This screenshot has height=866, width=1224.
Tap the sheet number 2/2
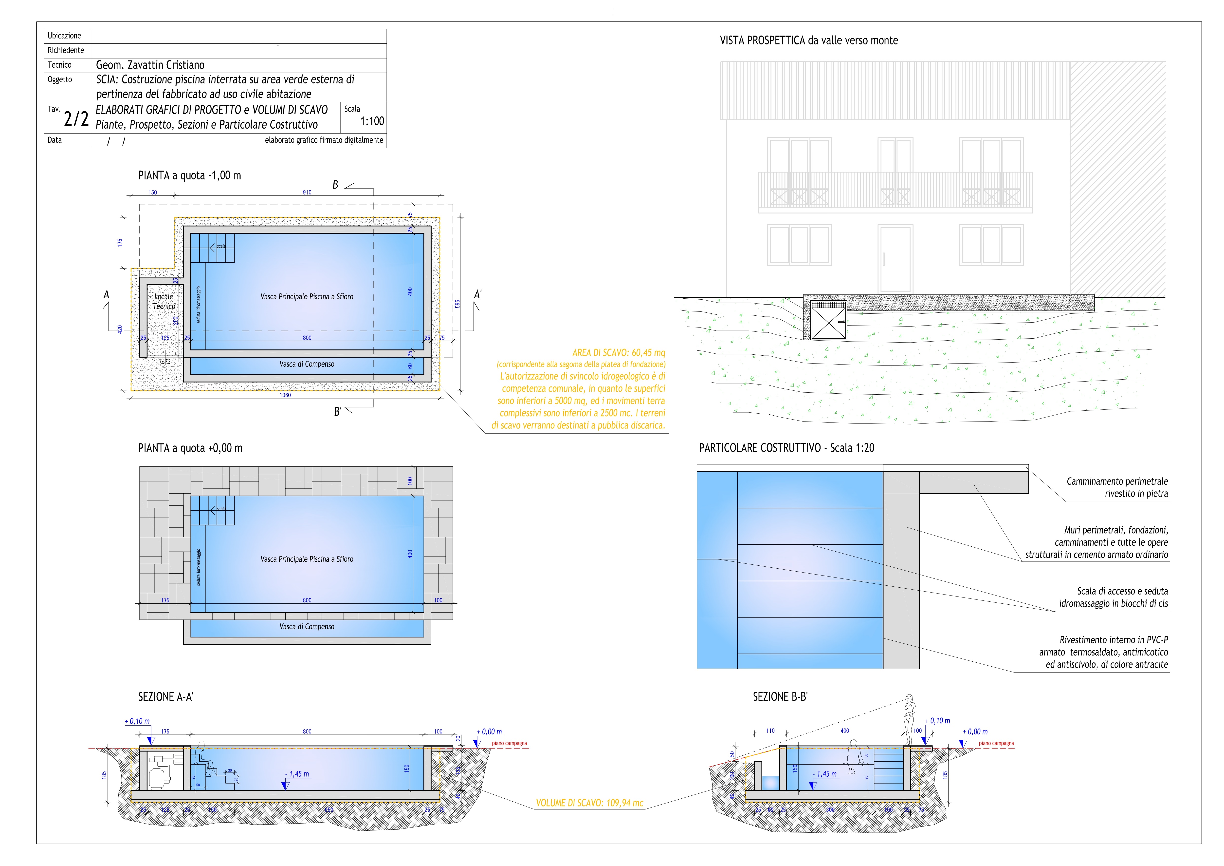coord(76,119)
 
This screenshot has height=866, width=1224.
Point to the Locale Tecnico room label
coord(164,302)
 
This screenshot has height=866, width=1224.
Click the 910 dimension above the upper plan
coord(307,192)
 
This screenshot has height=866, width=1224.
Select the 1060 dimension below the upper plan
coord(285,395)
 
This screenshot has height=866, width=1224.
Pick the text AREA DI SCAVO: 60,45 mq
coord(618,353)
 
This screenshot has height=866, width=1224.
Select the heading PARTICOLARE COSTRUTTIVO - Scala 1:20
coord(786,448)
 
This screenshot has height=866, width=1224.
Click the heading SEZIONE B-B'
coord(780,697)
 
